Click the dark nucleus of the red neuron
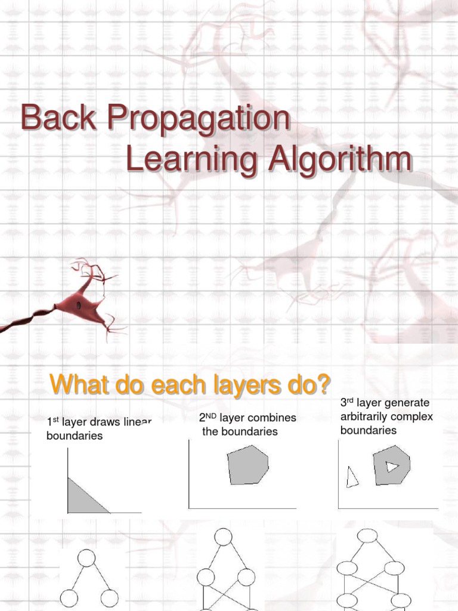pos(78,305)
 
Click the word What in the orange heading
pos(75,385)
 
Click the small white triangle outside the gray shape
pos(352,477)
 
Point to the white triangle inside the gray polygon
pos(391,466)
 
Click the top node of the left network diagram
pos(86,558)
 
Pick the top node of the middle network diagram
pos(222,537)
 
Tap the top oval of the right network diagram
pos(369,536)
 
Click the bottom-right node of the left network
pos(109,598)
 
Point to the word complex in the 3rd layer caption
pos(411,416)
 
